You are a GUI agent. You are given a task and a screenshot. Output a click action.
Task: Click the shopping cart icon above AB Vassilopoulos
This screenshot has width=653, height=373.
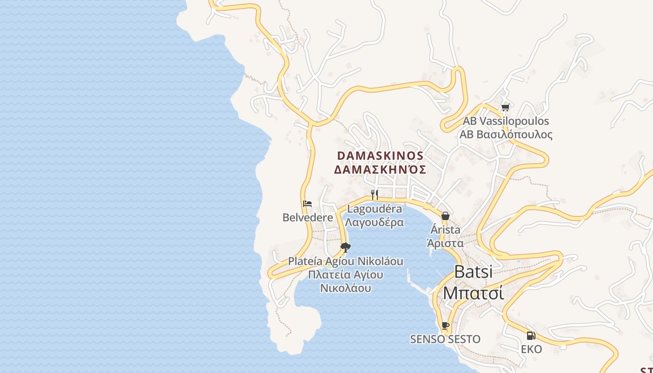(x=505, y=108)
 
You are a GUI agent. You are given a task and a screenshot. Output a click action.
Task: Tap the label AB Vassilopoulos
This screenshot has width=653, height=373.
(x=506, y=121)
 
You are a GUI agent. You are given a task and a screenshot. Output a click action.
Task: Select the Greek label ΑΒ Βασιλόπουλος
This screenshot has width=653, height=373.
(x=506, y=135)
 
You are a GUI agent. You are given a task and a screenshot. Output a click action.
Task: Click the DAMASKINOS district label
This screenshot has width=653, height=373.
(x=380, y=155)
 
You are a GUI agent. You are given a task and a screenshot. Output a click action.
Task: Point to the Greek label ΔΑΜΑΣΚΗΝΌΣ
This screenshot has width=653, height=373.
(x=380, y=169)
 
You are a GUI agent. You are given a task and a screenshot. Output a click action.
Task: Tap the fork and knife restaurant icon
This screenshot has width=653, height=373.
(x=374, y=194)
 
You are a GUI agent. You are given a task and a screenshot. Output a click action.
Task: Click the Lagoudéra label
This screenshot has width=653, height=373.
(x=375, y=209)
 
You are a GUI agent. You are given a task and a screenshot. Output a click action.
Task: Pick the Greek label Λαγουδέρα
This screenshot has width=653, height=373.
(x=375, y=222)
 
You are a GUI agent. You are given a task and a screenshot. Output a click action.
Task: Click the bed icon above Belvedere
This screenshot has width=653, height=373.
(x=307, y=204)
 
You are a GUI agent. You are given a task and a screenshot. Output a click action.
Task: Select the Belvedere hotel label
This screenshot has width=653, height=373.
(x=308, y=217)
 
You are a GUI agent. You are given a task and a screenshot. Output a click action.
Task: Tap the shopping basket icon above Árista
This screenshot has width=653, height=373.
(x=445, y=216)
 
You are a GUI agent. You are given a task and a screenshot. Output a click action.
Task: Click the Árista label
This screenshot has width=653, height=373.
(x=445, y=230)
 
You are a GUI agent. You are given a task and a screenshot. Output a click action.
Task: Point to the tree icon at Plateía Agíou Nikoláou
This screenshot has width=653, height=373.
(x=345, y=248)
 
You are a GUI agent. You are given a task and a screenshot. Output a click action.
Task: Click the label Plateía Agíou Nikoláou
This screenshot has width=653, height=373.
(x=345, y=261)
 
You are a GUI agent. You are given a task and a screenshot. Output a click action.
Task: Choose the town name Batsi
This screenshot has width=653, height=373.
(x=473, y=272)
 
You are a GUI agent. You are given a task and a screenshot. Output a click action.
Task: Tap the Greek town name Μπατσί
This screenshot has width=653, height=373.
(x=473, y=293)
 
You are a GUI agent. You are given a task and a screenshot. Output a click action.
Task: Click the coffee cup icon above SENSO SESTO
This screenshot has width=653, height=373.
(x=445, y=325)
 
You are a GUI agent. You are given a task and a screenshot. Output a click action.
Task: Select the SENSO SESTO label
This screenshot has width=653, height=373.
(x=445, y=339)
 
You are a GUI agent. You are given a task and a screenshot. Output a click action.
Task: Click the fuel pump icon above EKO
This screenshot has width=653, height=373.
(x=531, y=335)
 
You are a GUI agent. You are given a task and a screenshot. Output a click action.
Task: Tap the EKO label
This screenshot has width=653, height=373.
(x=531, y=349)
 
